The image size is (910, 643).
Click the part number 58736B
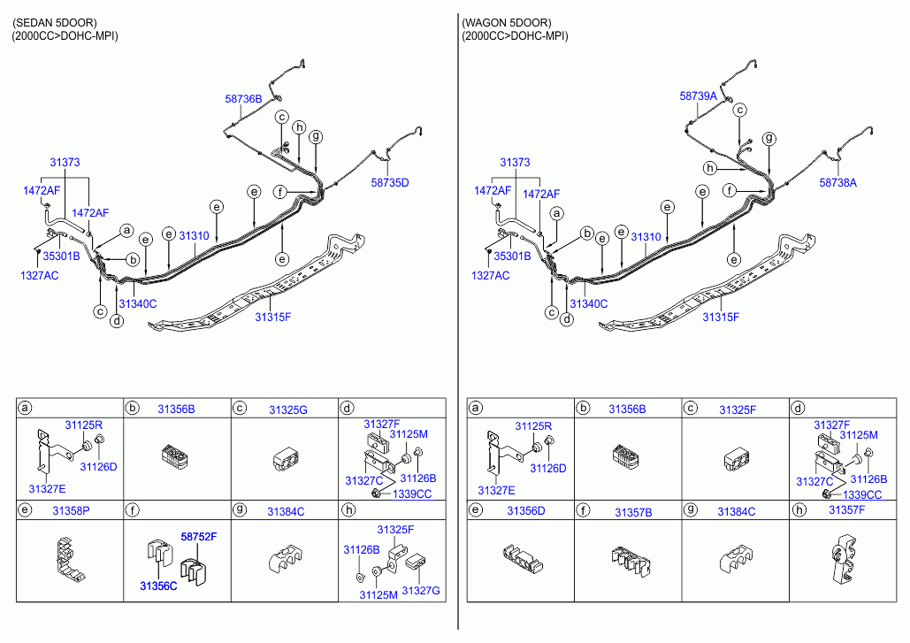243,99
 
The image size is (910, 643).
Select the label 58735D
390,183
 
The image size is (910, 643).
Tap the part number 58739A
698,96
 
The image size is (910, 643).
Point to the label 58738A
838,183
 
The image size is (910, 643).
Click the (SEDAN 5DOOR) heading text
55,23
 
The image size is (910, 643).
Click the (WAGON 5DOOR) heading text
507,23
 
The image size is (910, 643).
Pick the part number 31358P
71,510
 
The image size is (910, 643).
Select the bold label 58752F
198,537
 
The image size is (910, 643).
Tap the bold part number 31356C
158,586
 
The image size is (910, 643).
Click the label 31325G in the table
288,410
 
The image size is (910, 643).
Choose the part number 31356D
526,510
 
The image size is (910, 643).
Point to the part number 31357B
633,512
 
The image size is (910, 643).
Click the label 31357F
846,510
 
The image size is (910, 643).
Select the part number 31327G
421,591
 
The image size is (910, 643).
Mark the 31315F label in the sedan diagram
272,317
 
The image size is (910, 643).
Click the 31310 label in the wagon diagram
646,237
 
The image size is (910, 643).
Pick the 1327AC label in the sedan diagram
40,276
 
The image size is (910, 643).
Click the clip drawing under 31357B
631,561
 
